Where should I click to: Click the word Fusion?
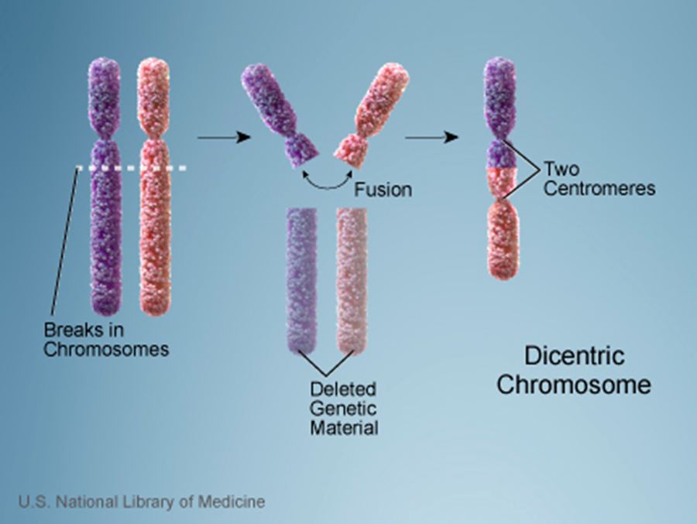click(x=383, y=189)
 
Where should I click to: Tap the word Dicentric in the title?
click(x=573, y=357)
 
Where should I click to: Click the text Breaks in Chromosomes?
click(x=105, y=339)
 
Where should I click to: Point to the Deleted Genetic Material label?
click(x=344, y=408)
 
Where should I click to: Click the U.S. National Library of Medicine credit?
click(x=142, y=502)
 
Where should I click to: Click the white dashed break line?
click(x=131, y=167)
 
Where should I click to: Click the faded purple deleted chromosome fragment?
click(x=302, y=279)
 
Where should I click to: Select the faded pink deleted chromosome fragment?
click(x=352, y=279)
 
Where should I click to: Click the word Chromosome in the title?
click(x=573, y=385)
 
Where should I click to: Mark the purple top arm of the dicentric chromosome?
click(x=500, y=93)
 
